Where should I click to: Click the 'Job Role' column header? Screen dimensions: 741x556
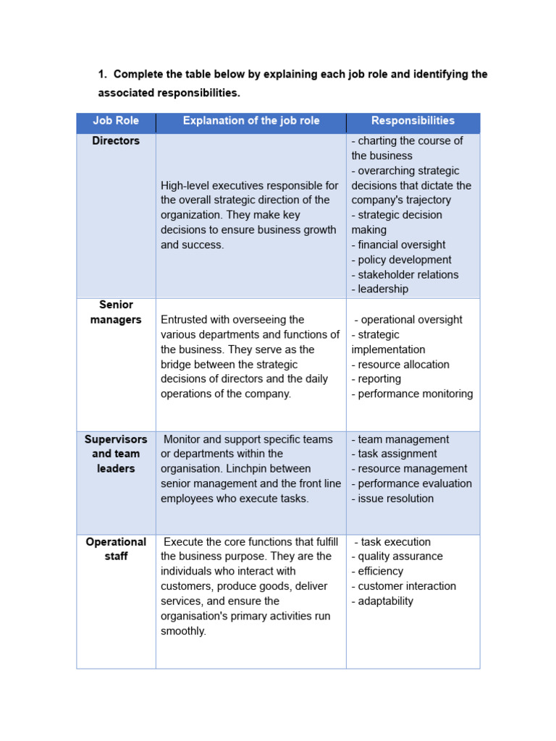click(x=116, y=121)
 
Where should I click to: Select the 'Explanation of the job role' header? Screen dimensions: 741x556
click(x=250, y=121)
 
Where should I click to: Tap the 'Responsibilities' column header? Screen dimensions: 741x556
click(x=413, y=121)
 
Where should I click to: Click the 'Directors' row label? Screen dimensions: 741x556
click(x=116, y=141)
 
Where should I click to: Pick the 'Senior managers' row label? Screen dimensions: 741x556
click(x=116, y=313)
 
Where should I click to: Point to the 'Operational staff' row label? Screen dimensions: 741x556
click(x=116, y=549)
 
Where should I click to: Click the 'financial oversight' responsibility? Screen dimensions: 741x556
click(x=399, y=245)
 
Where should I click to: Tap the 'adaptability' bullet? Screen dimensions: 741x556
click(x=383, y=601)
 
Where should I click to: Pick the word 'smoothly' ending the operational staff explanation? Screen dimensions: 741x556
click(x=184, y=631)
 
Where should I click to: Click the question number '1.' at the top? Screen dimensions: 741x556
click(x=103, y=75)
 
